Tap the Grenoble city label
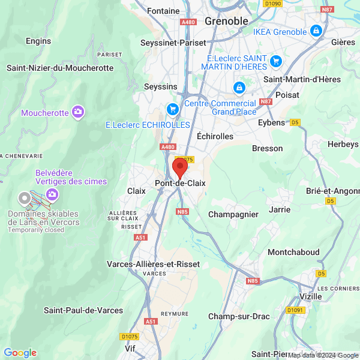pyautogui.click(x=226, y=21)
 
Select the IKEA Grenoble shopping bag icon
pyautogui.click(x=316, y=30)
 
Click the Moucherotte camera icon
pyautogui.click(x=77, y=112)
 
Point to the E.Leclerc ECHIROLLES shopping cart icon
pyautogui.click(x=173, y=109)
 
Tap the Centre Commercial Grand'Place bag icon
pyautogui.click(x=239, y=88)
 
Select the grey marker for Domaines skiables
pyautogui.click(x=24, y=198)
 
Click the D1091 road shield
pyautogui.click(x=295, y=310)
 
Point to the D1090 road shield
pyautogui.click(x=273, y=4)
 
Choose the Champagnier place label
pyautogui.click(x=233, y=214)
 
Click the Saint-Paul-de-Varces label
pyautogui.click(x=83, y=310)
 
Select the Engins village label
pyautogui.click(x=38, y=41)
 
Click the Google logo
pyautogui.click(x=20, y=353)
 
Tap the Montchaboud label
pyautogui.click(x=293, y=252)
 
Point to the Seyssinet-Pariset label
pyautogui.click(x=173, y=43)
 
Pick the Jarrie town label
pyautogui.click(x=280, y=209)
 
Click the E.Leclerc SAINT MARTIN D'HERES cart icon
pyautogui.click(x=276, y=61)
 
